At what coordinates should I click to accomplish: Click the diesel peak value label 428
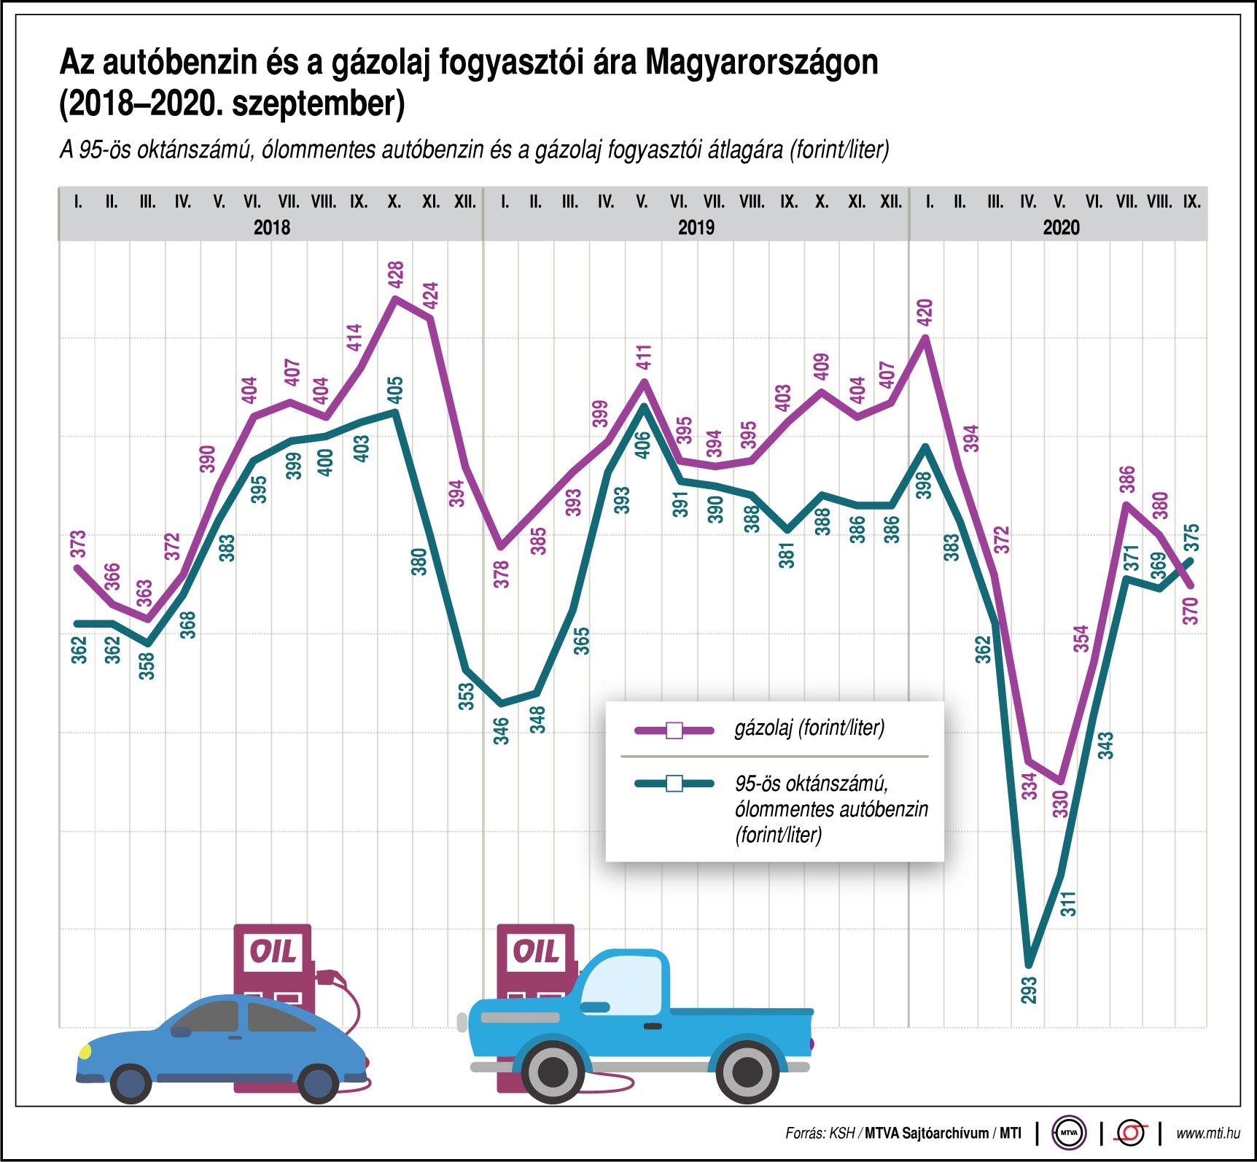pyautogui.click(x=396, y=274)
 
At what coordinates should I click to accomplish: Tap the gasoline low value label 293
pyautogui.click(x=1029, y=990)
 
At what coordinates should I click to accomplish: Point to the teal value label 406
pyautogui.click(x=642, y=445)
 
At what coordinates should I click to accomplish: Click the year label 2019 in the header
pyautogui.click(x=696, y=227)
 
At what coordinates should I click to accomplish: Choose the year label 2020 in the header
pyautogui.click(x=1061, y=227)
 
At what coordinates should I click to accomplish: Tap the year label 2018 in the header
pyautogui.click(x=272, y=227)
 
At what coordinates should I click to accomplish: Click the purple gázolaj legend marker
pyautogui.click(x=674, y=730)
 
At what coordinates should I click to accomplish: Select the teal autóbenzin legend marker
pyautogui.click(x=674, y=784)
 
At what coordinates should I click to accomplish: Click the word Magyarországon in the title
pyautogui.click(x=761, y=63)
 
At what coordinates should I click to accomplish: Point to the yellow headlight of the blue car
pyautogui.click(x=85, y=1050)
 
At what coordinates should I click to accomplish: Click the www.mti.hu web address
pyautogui.click(x=1207, y=1133)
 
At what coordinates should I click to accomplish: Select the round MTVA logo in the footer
pyautogui.click(x=1069, y=1133)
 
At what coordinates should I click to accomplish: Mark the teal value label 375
pyautogui.click(x=1191, y=538)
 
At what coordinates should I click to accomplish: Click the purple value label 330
pyautogui.click(x=1060, y=803)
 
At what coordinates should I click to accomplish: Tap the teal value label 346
pyautogui.click(x=501, y=730)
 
